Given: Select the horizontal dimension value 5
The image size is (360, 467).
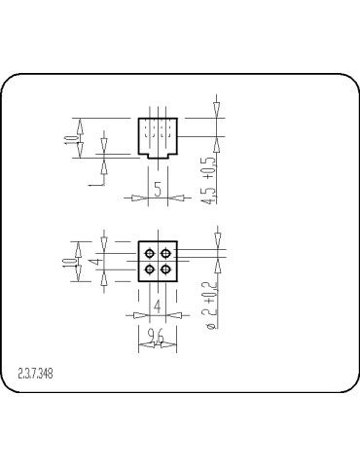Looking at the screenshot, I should (x=158, y=190).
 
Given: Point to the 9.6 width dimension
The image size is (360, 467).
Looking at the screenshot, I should (x=157, y=338).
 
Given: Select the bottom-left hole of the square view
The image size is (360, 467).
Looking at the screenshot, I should (x=150, y=269).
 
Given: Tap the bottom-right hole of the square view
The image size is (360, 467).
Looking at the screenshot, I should (x=165, y=269).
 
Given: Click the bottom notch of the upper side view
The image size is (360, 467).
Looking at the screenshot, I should (x=158, y=155).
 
